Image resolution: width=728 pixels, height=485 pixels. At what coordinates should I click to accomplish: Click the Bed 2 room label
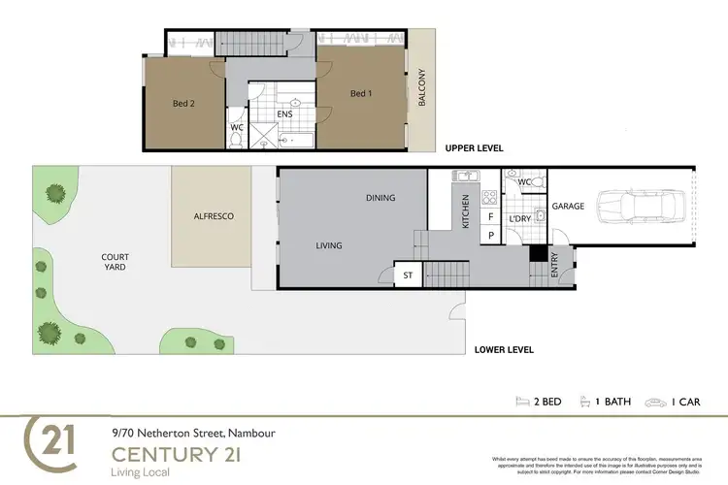pyautogui.click(x=184, y=103)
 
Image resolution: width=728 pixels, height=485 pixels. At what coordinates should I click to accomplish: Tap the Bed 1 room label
pyautogui.click(x=360, y=94)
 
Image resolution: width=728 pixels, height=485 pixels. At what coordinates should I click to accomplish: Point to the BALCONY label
pyautogui.click(x=421, y=90)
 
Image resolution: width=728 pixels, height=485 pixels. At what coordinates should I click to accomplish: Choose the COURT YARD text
pyautogui.click(x=116, y=263)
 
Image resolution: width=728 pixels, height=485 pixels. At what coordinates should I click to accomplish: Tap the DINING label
pyautogui.click(x=381, y=198)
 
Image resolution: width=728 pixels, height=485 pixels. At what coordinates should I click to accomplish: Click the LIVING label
pyautogui.click(x=329, y=245)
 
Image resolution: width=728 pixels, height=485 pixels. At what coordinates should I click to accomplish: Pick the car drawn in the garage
pyautogui.click(x=642, y=206)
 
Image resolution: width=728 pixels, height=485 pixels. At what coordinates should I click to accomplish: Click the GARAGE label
pyautogui.click(x=567, y=207)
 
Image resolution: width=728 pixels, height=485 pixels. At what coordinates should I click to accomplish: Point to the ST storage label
pyautogui.click(x=409, y=276)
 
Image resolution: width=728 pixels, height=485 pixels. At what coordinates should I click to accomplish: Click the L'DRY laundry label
pyautogui.click(x=521, y=219)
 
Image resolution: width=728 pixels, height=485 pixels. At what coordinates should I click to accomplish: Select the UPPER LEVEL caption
pyautogui.click(x=474, y=148)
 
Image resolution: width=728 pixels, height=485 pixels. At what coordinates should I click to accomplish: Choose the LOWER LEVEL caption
pyautogui.click(x=503, y=349)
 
